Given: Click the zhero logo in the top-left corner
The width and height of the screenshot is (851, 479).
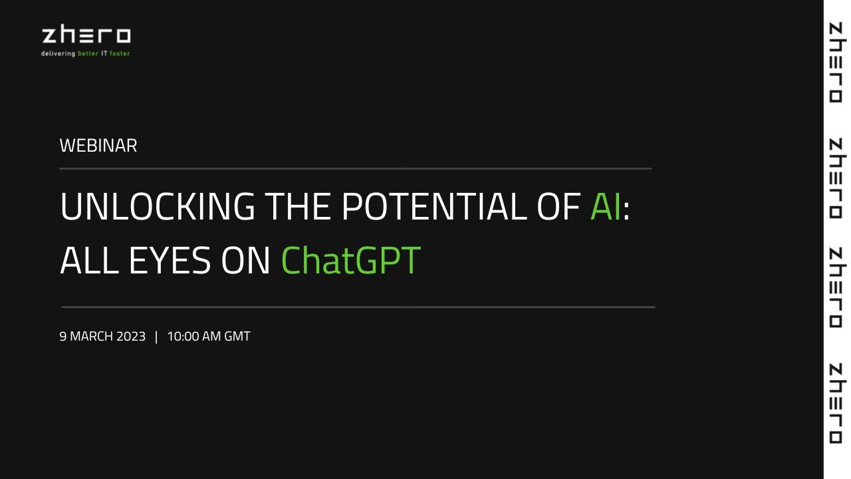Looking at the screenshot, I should pyautogui.click(x=86, y=36).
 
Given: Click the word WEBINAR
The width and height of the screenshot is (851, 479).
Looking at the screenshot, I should pyautogui.click(x=98, y=146).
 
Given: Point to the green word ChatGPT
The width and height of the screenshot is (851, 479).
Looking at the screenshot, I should pyautogui.click(x=351, y=260).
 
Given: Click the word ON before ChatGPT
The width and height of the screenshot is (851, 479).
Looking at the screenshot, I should pyautogui.click(x=245, y=260).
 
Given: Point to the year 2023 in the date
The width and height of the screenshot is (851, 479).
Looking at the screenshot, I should pyautogui.click(x=131, y=337).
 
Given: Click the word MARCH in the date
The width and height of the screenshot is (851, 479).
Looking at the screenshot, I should pyautogui.click(x=92, y=337).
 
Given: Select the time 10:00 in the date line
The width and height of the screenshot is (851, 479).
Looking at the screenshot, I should pyautogui.click(x=183, y=337).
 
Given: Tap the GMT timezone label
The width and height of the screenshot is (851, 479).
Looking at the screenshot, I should pyautogui.click(x=237, y=337).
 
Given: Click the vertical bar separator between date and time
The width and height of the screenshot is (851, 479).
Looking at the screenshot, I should pyautogui.click(x=156, y=337).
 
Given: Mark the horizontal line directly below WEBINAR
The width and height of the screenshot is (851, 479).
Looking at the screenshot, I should pyautogui.click(x=355, y=169).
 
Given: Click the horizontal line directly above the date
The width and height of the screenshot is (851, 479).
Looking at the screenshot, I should pyautogui.click(x=358, y=307).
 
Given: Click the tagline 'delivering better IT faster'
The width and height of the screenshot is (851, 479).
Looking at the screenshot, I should pyautogui.click(x=86, y=53).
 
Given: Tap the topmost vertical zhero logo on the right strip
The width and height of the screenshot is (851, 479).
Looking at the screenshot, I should pyautogui.click(x=836, y=63).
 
